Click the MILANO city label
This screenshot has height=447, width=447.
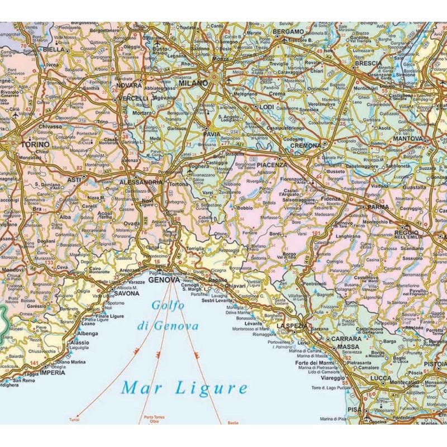tap(193, 83)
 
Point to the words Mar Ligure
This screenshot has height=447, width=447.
tap(185, 387)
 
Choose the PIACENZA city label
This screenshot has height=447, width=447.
tap(272, 165)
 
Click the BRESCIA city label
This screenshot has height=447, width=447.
tap(368, 64)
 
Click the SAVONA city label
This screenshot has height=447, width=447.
tap(126, 293)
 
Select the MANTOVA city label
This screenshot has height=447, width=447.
tap(407, 139)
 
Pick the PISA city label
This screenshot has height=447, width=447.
tap(354, 409)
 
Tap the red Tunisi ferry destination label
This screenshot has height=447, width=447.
tap(74, 419)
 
